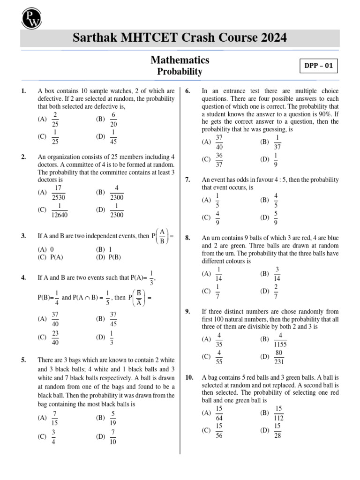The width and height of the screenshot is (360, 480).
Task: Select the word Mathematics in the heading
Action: pyautogui.click(x=180, y=60)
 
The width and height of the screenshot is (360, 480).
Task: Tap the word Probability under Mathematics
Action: pyautogui.click(x=180, y=72)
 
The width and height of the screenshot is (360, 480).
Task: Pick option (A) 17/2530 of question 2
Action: pyautogui.click(x=54, y=192)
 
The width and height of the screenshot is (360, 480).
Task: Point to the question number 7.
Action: pyautogui.click(x=187, y=180)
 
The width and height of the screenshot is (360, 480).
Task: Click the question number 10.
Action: pyautogui.click(x=189, y=377)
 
